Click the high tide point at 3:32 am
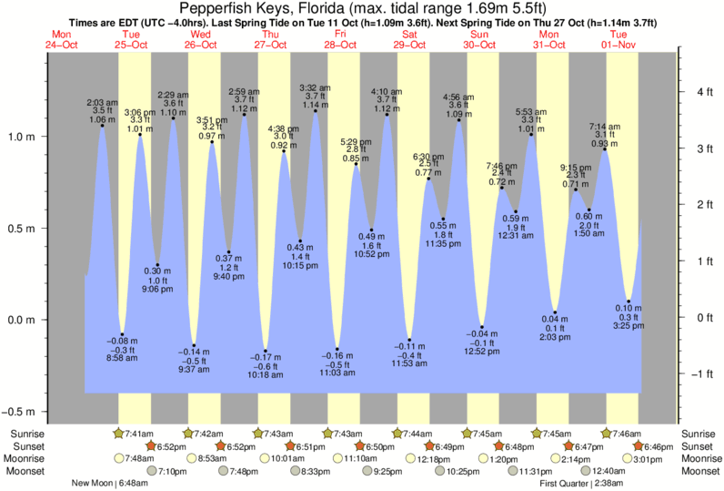(x=316, y=111)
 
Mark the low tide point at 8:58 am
(x=123, y=334)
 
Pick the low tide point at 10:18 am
(x=266, y=351)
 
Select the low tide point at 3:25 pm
(x=629, y=302)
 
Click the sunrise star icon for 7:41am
(x=117, y=434)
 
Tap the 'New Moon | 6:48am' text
(x=107, y=484)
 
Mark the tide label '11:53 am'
(x=409, y=364)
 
